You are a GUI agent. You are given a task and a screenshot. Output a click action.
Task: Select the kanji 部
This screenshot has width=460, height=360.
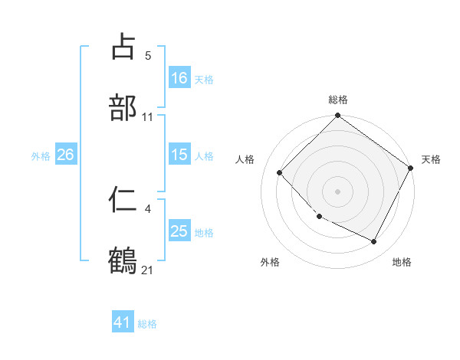click(123, 107)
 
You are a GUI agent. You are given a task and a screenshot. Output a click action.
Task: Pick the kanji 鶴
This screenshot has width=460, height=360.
click(123, 260)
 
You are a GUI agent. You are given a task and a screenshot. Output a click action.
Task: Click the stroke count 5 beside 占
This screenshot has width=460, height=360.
click(148, 56)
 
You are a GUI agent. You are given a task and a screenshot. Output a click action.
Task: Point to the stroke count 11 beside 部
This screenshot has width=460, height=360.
click(148, 117)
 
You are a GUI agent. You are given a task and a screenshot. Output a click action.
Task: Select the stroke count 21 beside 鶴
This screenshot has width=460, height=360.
click(148, 270)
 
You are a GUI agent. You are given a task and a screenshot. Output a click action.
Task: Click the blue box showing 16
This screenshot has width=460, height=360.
click(179, 78)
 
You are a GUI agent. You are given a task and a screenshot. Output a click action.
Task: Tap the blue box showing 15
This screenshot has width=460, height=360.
click(179, 155)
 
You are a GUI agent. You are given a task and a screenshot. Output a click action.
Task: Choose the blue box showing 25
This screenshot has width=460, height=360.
click(179, 231)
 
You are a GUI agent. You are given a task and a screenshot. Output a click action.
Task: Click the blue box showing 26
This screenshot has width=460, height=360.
click(65, 155)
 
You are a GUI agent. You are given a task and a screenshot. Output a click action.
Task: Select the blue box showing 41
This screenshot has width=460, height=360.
click(123, 323)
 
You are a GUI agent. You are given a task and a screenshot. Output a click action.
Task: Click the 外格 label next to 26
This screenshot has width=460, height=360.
click(41, 155)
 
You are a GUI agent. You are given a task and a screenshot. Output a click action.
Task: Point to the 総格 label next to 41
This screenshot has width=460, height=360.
click(147, 324)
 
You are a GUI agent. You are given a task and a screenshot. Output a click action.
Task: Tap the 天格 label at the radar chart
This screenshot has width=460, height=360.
click(432, 160)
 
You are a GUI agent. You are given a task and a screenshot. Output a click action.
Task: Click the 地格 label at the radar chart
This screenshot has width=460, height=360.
click(402, 263)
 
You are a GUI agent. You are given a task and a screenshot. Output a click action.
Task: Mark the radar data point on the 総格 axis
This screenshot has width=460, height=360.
click(337, 116)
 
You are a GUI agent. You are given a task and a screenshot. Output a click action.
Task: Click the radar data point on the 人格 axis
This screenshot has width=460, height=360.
click(280, 172)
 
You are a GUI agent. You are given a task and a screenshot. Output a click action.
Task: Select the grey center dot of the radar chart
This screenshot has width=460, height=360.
click(337, 191)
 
